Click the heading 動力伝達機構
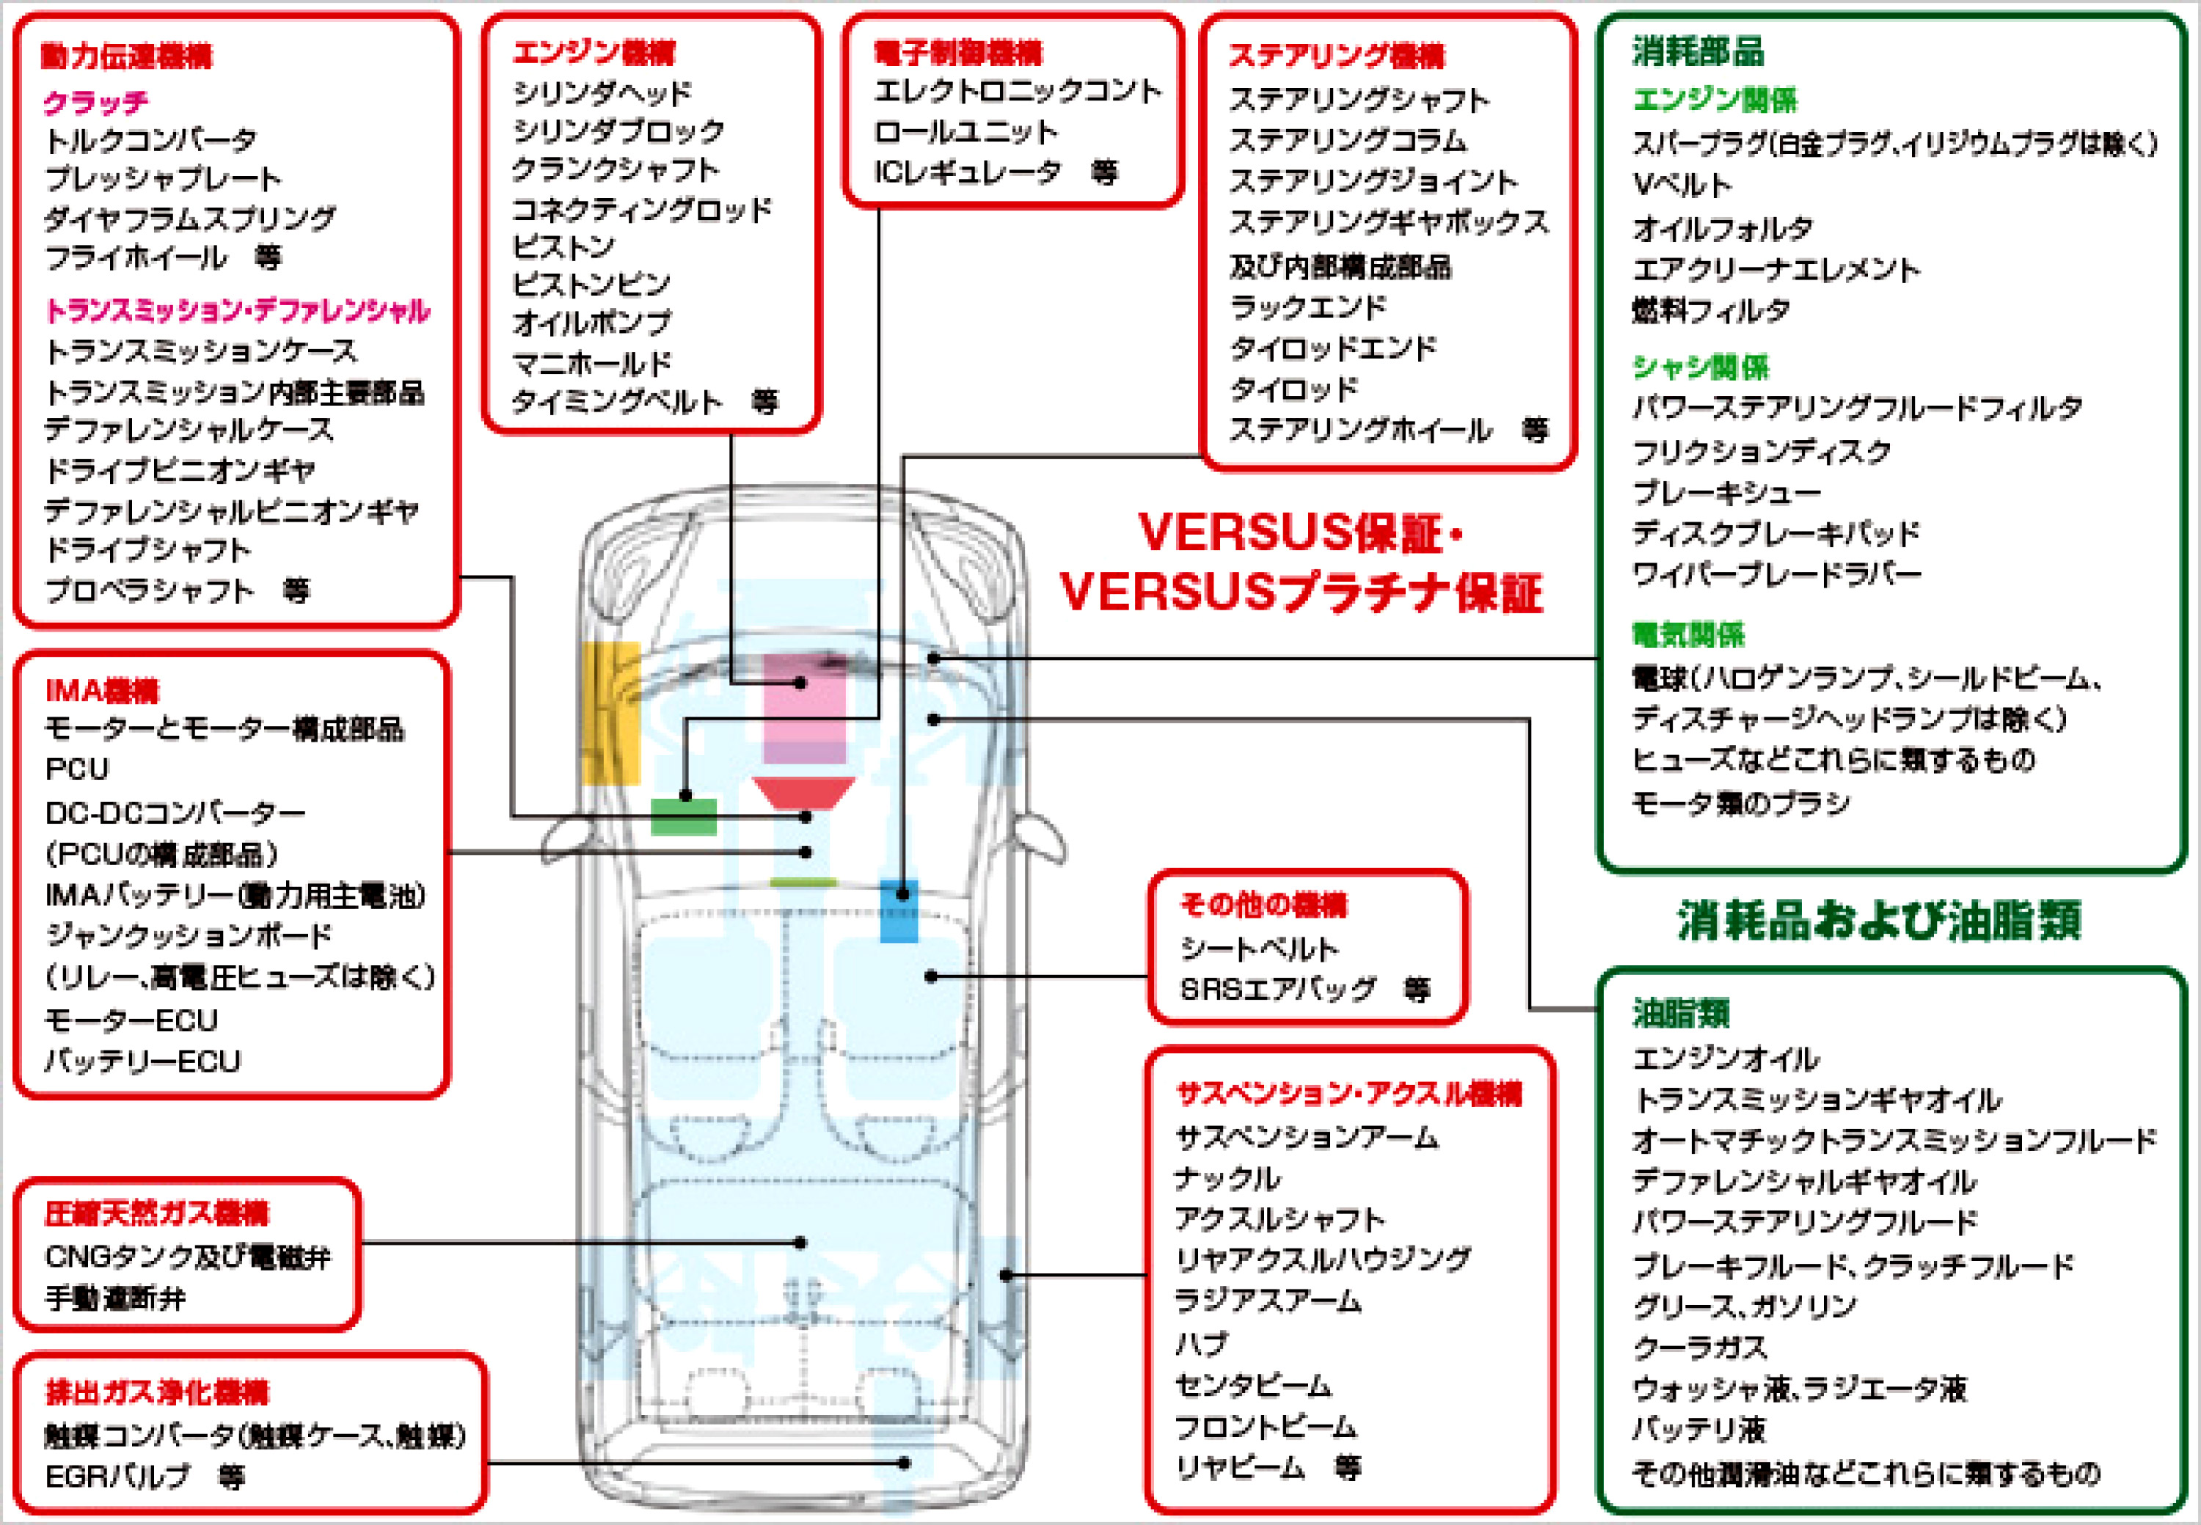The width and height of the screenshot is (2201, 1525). point(127,56)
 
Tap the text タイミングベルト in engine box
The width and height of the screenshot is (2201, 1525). point(616,402)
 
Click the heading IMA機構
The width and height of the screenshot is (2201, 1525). point(102,690)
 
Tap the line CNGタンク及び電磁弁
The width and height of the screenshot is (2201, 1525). point(187,1257)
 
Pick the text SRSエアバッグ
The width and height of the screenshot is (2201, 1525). point(1278,989)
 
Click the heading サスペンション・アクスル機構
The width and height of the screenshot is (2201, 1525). point(1348,1093)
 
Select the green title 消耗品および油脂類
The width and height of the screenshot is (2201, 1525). point(1879,920)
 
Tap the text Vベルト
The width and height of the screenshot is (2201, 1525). point(1681,184)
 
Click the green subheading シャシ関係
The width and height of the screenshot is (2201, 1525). point(1700,366)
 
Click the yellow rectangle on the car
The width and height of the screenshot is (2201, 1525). point(610,712)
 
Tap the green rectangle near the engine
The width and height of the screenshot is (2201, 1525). point(683,817)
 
